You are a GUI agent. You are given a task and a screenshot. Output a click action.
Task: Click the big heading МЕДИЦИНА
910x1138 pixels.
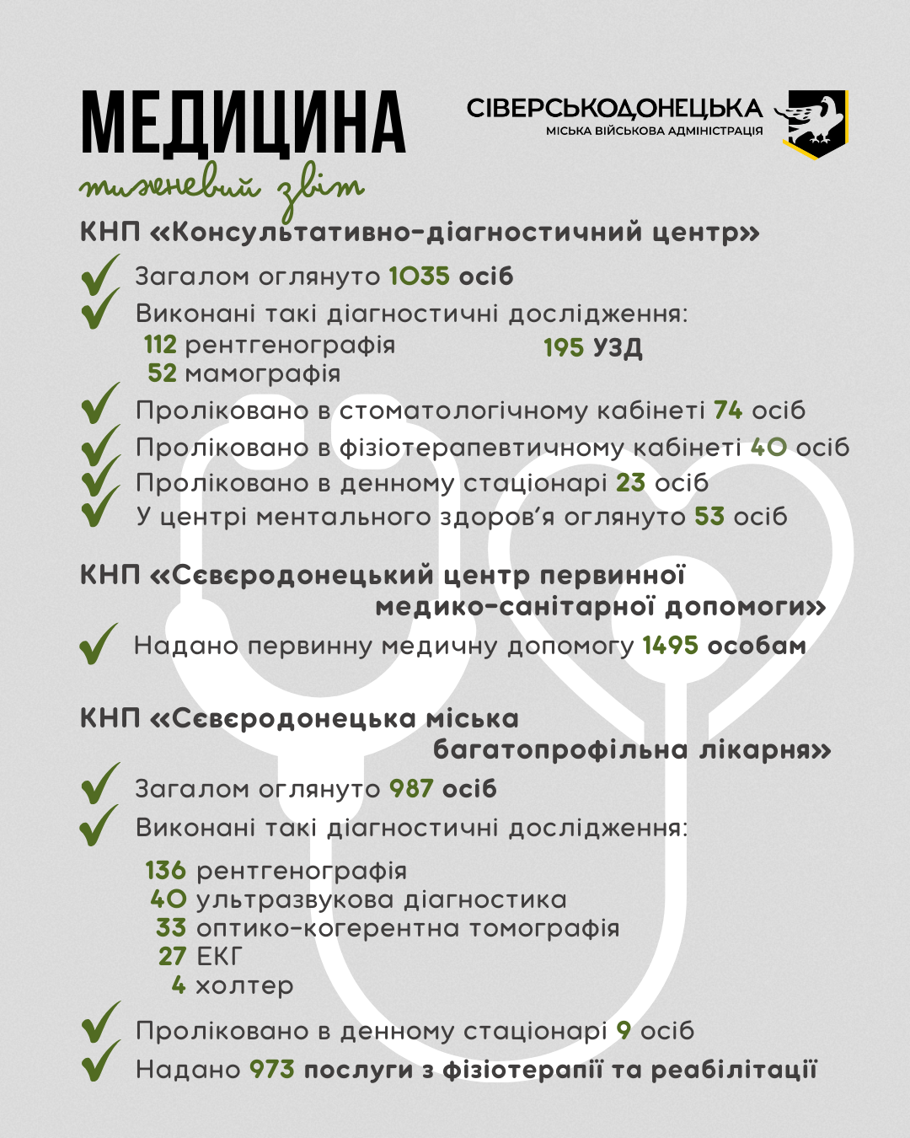[243, 124]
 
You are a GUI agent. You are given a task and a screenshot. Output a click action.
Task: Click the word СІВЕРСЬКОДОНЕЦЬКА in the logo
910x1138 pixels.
[615, 108]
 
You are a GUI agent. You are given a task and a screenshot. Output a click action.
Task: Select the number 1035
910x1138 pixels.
[419, 276]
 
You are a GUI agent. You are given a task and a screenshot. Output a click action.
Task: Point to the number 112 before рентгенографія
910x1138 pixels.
[160, 345]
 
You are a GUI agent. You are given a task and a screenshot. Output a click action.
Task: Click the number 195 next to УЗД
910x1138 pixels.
[563, 347]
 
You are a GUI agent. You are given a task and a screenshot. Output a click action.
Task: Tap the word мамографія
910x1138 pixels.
[262, 373]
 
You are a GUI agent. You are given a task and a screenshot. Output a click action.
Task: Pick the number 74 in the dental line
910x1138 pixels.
[728, 411]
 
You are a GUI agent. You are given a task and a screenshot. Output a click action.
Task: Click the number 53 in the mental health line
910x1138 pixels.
[709, 517]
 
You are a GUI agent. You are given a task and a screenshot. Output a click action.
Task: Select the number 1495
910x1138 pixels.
[671, 646]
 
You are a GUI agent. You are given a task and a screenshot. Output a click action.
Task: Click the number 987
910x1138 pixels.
[411, 789]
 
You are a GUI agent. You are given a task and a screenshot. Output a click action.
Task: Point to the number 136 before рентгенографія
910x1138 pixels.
[165, 870]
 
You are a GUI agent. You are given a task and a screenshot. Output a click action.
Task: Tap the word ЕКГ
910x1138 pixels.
[219, 957]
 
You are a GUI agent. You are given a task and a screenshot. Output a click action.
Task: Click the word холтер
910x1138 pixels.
[244, 985]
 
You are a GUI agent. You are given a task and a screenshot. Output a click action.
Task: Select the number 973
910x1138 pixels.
[272, 1070]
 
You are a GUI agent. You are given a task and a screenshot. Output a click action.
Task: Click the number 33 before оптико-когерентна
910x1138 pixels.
[171, 928]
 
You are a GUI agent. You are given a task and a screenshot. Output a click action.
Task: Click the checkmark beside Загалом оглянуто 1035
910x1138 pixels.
[99, 276]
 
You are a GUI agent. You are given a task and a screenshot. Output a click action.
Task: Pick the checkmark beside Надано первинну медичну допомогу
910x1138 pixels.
[99, 645]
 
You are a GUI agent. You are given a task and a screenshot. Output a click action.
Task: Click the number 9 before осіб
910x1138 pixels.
[624, 1030]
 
